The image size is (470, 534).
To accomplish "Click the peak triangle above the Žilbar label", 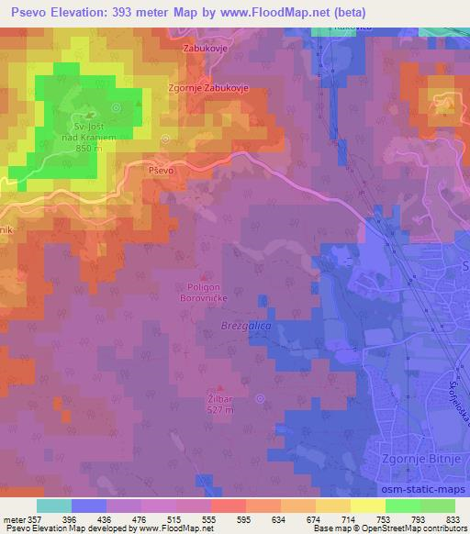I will tap(218, 388).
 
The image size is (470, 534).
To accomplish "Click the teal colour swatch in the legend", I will tap(53, 506).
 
